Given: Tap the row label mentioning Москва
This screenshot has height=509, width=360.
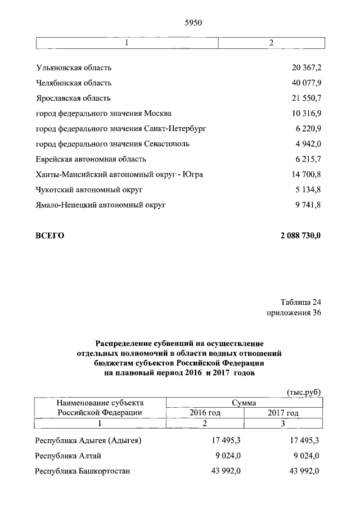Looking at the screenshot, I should (100, 114).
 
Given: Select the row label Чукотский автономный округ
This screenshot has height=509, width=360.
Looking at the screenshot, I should (89, 190).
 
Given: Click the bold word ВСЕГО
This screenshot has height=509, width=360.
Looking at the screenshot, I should (50, 236).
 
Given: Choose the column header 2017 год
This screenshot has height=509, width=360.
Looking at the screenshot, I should (283, 413).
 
